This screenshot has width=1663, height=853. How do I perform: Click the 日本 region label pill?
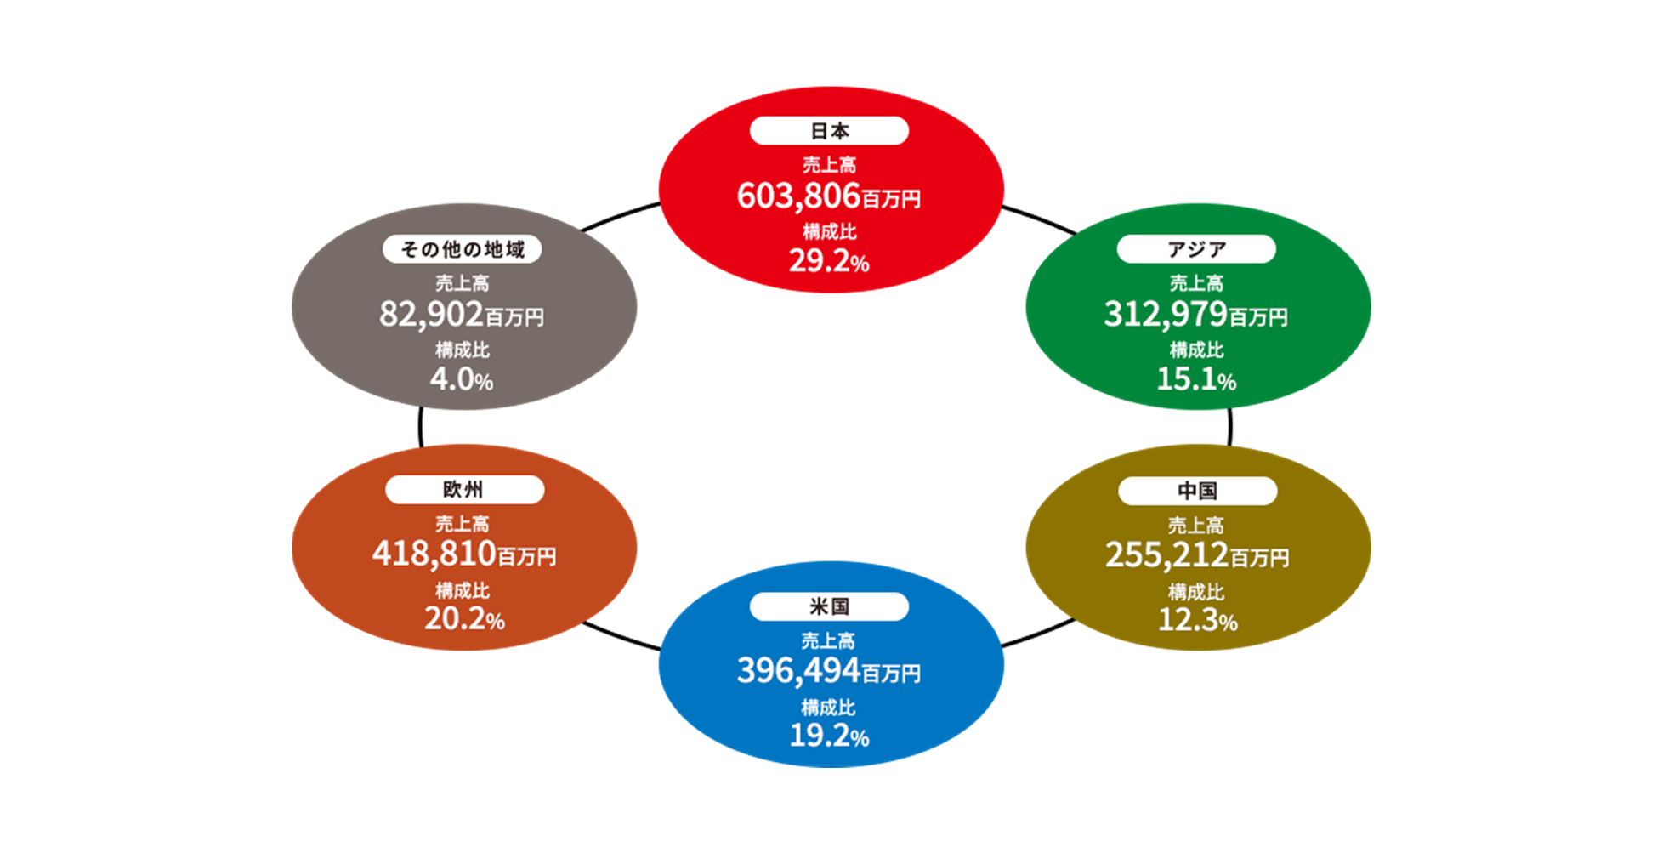click(x=829, y=131)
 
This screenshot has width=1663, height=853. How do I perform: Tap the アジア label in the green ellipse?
click(x=1196, y=249)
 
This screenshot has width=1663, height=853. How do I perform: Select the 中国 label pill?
click(x=1197, y=491)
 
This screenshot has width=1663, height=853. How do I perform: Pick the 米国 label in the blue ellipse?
click(x=829, y=606)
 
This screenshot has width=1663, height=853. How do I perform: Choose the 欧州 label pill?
click(x=464, y=490)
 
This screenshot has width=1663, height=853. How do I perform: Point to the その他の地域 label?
click(x=463, y=249)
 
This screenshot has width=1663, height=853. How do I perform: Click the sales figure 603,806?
click(x=798, y=196)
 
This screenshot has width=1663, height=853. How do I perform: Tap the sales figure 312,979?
click(x=1166, y=315)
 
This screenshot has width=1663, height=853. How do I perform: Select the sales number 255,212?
click(x=1166, y=555)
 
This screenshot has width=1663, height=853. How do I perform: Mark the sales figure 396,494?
click(x=798, y=671)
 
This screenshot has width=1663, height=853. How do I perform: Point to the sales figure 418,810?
click(x=434, y=554)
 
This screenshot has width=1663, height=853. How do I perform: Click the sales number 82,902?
click(x=431, y=315)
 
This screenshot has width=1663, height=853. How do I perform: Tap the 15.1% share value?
click(x=1196, y=379)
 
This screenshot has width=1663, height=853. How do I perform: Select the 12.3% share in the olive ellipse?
click(x=1197, y=621)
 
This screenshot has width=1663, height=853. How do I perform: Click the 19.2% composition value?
click(x=829, y=736)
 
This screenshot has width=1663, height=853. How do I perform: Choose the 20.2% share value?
click(x=464, y=619)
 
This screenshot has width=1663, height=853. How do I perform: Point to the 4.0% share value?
click(x=462, y=379)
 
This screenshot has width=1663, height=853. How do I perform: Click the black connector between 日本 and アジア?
click(x=1040, y=218)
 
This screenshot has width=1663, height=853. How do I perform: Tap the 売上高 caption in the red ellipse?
click(x=830, y=165)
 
